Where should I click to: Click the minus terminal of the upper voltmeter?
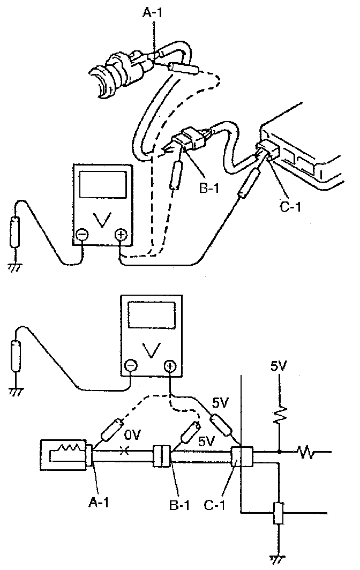click(82, 234)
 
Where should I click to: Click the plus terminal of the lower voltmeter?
click(169, 367)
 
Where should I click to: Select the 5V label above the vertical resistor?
click(279, 367)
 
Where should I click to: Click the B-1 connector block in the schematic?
click(161, 456)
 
